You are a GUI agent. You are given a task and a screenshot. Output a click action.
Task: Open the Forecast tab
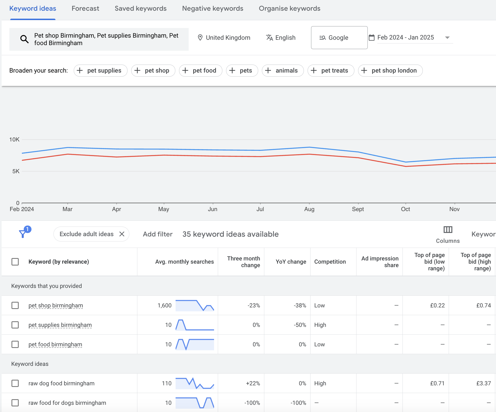(x=85, y=9)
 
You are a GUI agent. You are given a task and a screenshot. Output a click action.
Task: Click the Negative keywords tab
(x=212, y=9)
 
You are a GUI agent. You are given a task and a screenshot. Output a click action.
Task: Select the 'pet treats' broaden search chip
(x=331, y=70)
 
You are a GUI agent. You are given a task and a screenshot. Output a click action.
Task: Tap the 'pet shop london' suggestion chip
(x=390, y=70)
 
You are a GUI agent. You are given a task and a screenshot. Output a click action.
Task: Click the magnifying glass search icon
(x=24, y=39)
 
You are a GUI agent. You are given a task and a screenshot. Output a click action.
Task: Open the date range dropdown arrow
(x=447, y=38)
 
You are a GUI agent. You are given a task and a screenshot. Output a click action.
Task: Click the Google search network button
(x=339, y=38)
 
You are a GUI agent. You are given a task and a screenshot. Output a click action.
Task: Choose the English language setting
(x=281, y=38)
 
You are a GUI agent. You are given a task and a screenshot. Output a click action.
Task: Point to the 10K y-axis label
(x=14, y=140)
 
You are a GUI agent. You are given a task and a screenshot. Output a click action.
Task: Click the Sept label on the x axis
(x=358, y=209)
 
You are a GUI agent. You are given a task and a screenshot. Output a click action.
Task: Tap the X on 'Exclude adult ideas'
(x=122, y=234)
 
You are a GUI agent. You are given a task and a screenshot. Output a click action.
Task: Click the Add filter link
(x=158, y=234)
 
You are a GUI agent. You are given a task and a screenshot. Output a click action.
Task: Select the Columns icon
(x=448, y=230)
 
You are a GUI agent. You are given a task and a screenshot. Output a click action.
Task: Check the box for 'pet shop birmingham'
(x=15, y=305)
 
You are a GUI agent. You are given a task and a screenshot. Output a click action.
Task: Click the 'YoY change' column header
(x=291, y=262)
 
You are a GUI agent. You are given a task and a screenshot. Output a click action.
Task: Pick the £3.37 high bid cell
(x=483, y=383)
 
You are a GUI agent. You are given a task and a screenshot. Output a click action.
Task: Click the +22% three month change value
(x=253, y=383)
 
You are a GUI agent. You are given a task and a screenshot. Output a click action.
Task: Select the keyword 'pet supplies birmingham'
(x=60, y=325)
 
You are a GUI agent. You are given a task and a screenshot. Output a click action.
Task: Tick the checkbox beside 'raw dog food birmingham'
(x=15, y=383)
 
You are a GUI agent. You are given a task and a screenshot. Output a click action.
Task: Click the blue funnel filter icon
(x=23, y=234)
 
